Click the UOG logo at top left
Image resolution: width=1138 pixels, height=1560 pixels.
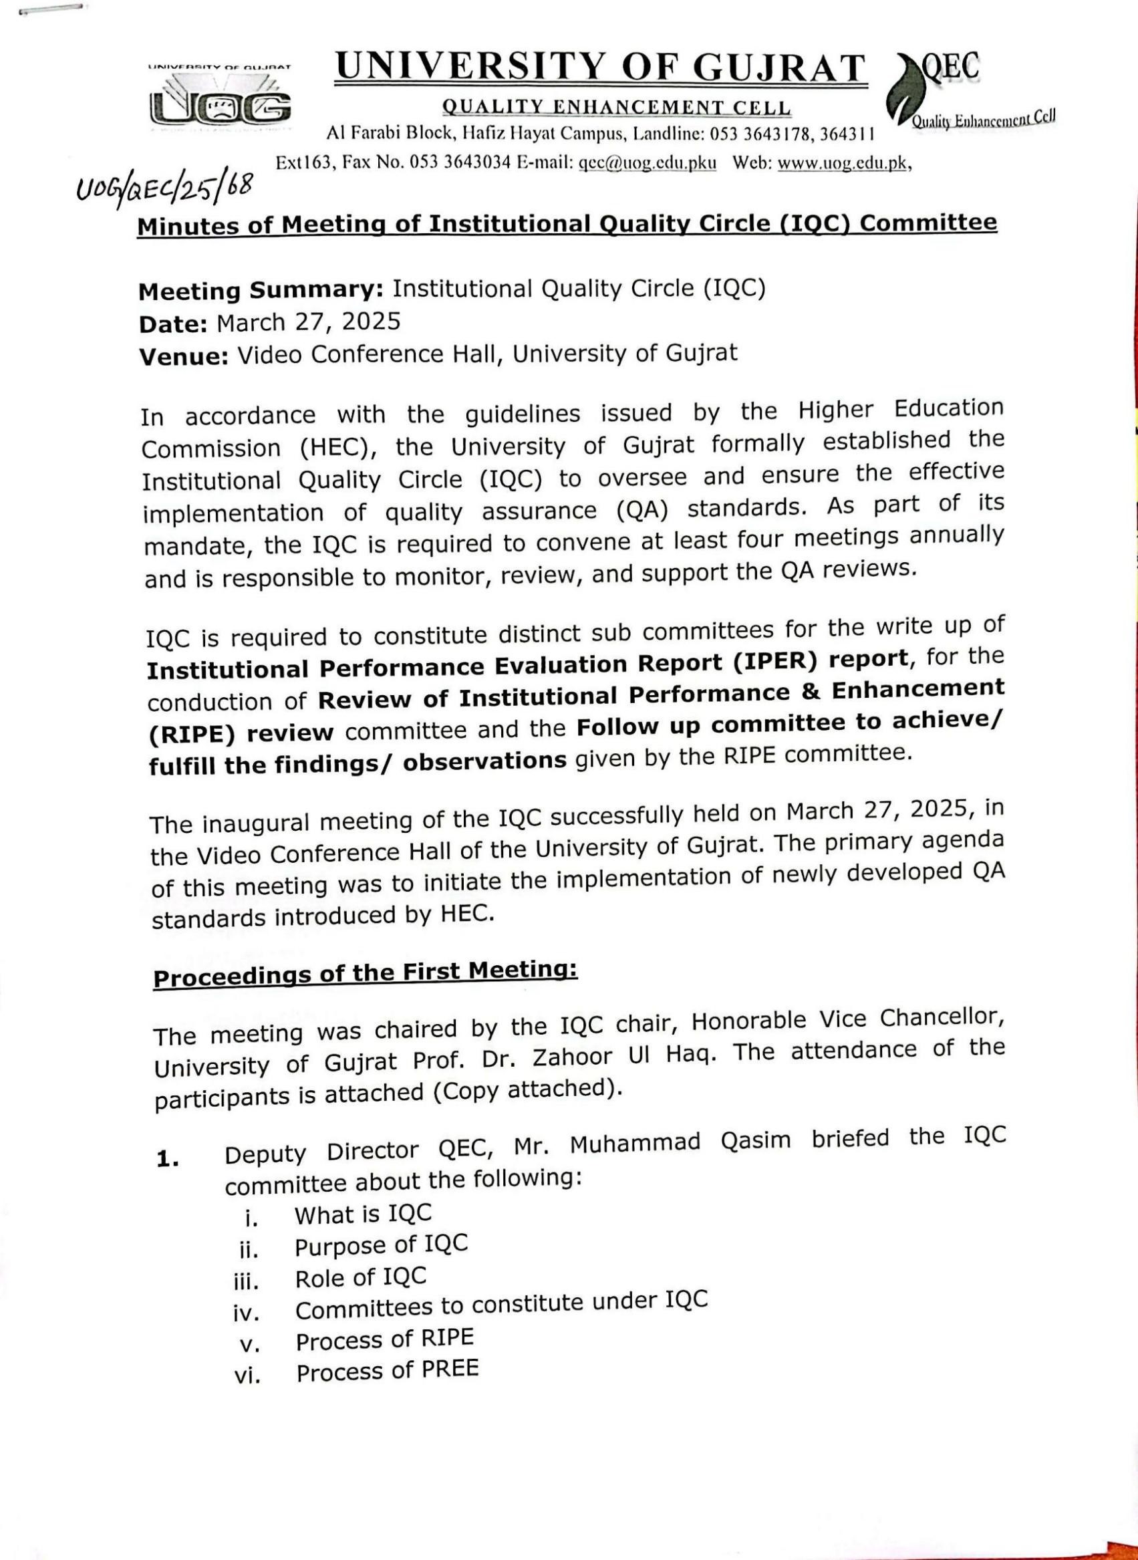220,98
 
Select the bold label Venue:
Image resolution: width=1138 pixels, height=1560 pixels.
183,356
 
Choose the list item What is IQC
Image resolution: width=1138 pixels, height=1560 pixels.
363,1214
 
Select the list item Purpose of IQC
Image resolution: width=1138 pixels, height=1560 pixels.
381,1245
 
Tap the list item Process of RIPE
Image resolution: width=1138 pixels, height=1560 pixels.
385,1339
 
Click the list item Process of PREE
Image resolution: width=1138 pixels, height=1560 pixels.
387,1372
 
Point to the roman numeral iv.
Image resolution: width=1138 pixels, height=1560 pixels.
246,1313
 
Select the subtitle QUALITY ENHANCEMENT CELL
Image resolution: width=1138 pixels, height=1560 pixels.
617,108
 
